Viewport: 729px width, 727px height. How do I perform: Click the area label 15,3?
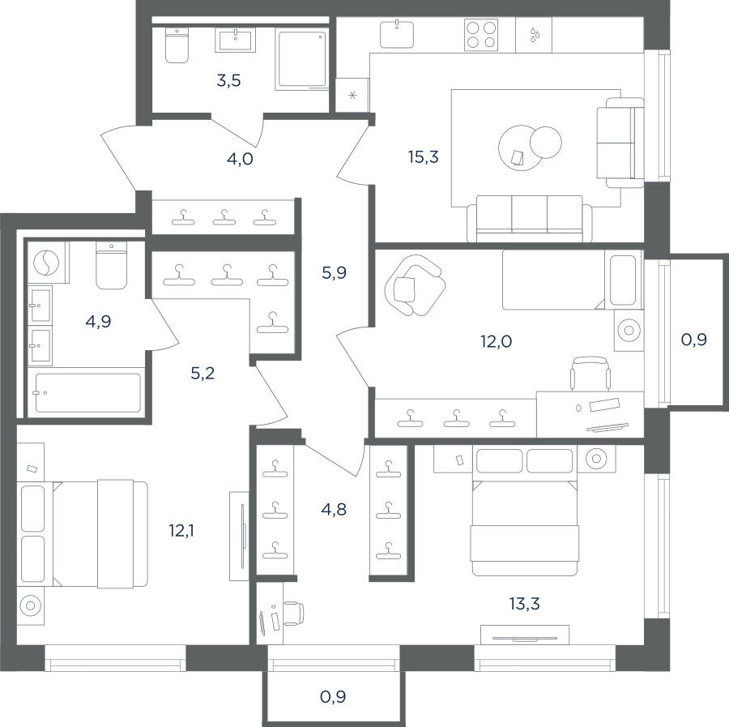point(424,157)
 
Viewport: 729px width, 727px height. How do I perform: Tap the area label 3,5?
point(228,80)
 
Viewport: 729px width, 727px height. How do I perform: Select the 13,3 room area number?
point(524,604)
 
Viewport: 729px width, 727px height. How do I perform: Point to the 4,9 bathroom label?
point(99,322)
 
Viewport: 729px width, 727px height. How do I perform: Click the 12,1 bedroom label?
point(181,530)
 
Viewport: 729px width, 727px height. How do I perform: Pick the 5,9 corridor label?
point(335,272)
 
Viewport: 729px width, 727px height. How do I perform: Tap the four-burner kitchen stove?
point(481,34)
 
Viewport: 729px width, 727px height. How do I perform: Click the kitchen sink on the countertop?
point(397,34)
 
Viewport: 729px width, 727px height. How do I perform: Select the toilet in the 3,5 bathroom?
point(177,45)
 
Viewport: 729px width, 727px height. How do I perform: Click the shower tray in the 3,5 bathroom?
point(302,59)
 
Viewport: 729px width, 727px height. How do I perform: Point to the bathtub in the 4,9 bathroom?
point(87,393)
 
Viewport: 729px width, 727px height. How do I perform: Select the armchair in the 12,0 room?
point(414,285)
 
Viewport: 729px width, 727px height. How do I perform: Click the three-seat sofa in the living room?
point(530,219)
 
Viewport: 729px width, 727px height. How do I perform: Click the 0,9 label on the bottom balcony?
point(334,697)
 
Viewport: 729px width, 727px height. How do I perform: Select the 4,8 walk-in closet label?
point(334,510)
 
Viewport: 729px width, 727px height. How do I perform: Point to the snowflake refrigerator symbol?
point(352,96)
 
